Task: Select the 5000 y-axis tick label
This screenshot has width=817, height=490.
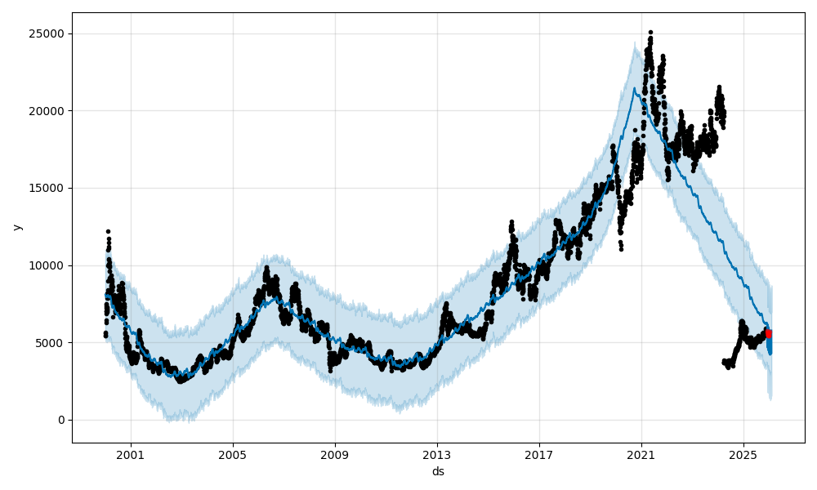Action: (x=51, y=343)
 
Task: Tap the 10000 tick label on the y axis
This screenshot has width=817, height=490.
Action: (x=48, y=265)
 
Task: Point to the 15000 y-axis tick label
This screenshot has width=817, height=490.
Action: (x=48, y=188)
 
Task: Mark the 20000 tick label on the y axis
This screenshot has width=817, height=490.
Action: (x=48, y=111)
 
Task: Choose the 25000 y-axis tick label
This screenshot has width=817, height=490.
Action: (x=48, y=33)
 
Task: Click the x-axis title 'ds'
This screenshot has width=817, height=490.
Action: (x=438, y=471)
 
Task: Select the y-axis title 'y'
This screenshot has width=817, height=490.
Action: (x=16, y=227)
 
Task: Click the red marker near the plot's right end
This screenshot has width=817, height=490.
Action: (x=768, y=333)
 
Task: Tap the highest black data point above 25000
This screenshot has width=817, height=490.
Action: (x=650, y=32)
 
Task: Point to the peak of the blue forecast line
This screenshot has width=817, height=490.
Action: (x=634, y=88)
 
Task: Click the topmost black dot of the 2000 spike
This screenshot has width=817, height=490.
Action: (x=108, y=231)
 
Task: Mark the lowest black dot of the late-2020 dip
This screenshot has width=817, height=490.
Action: (x=621, y=249)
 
